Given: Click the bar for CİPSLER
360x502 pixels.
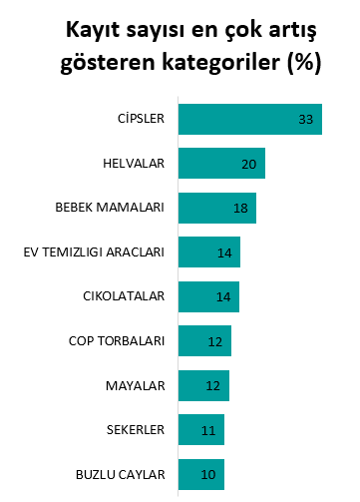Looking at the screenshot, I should pos(249,119).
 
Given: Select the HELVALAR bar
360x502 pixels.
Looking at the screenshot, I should pos(221,164).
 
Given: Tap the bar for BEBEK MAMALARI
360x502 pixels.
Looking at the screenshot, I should pos(216,208).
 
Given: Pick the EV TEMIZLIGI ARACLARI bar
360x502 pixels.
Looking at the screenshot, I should pos(208,252).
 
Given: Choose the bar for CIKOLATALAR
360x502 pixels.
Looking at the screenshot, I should pos(208,296).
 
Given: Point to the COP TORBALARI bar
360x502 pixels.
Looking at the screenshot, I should pos(204,341).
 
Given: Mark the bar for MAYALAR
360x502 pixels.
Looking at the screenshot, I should pos(203,385).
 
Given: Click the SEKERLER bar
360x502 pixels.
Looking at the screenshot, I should pos(201,430).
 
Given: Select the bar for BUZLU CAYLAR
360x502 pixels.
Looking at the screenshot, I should pos(200,474).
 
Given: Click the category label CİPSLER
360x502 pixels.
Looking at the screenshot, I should pos(140,119).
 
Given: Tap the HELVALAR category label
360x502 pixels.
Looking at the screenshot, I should pos(134,164).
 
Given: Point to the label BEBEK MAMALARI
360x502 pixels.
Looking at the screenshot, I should pos(110,208).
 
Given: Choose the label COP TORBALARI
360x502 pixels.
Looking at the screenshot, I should pos(116,341).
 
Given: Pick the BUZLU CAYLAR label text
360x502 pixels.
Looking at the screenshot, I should pos(120,474).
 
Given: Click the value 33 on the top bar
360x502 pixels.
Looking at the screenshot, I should pos(306,120).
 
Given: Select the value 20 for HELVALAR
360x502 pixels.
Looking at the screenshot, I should pos(249,164).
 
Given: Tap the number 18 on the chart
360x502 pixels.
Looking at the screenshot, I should pos(240,209).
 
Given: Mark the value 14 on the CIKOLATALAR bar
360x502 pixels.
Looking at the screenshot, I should pos(223,297).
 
